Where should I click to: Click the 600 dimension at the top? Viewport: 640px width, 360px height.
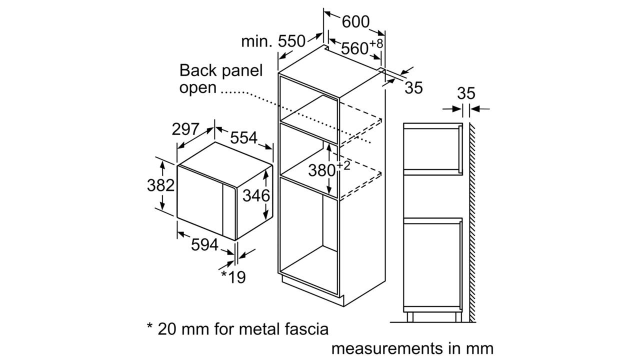tap(355, 21)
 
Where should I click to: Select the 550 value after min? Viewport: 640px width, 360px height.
tap(291, 41)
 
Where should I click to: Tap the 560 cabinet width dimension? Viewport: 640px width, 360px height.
tap(354, 48)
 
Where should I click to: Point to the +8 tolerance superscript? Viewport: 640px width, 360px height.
tap(376, 43)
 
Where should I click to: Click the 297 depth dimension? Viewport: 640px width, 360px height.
tap(185, 129)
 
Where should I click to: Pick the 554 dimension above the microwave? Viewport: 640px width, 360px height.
tap(243, 137)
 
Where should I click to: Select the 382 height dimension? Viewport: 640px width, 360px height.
tap(160, 185)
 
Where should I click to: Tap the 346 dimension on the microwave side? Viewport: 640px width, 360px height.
tap(256, 195)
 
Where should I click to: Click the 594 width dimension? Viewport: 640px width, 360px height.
tap(204, 245)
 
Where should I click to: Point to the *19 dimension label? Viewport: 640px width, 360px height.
tap(233, 277)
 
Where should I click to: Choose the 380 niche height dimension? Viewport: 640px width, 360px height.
tap(321, 171)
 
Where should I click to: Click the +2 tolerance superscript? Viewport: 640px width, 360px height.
tap(343, 165)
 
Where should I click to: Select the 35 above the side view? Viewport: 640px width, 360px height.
tap(466, 93)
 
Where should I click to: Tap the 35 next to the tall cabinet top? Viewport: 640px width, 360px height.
tap(413, 87)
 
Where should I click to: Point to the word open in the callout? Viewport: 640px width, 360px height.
tap(197, 87)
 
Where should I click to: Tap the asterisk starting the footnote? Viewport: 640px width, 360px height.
tap(149, 325)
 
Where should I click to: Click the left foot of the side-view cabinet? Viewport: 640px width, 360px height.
tap(410, 317)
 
